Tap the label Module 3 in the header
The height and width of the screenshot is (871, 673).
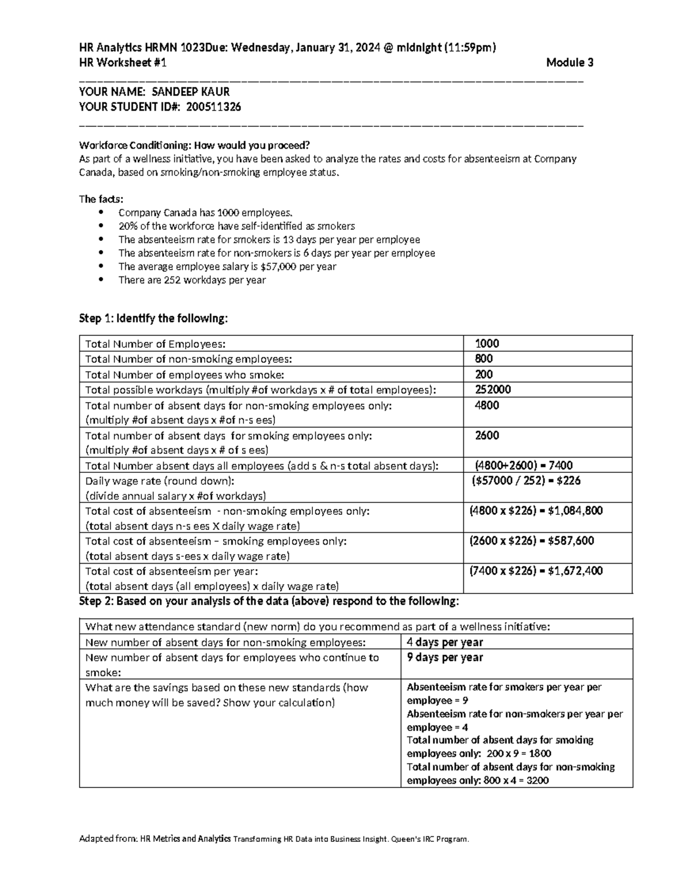coord(569,63)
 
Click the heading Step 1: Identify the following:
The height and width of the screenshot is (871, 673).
coord(154,319)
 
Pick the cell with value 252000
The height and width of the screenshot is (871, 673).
coord(492,390)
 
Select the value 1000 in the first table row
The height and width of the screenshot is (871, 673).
coord(487,344)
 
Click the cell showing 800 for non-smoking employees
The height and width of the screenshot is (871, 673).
coord(483,359)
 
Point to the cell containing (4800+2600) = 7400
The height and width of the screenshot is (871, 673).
coord(523,466)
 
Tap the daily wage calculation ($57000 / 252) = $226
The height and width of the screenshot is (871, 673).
coord(526,481)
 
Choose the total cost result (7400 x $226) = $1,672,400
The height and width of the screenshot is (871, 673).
coord(536,571)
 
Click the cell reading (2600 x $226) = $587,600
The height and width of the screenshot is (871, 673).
coord(531,541)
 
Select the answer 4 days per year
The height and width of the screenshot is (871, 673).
coord(445,642)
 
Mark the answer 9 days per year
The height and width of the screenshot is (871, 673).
coord(445,657)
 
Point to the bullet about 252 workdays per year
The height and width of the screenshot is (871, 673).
coord(192,280)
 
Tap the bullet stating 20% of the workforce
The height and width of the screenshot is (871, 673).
coord(236,226)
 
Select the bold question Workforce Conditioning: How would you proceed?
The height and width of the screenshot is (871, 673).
coord(194,145)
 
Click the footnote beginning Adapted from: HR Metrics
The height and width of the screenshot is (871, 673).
coord(273,839)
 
